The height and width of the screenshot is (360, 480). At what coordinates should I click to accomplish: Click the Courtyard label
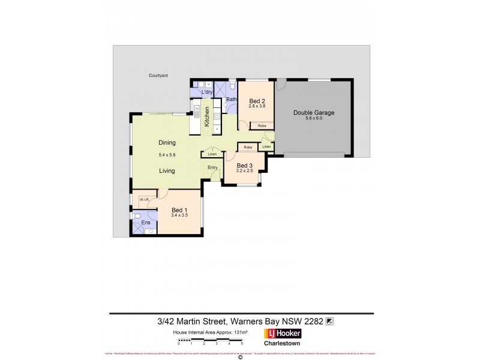coord(158,76)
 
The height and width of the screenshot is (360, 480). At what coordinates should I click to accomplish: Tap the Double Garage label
coord(313,112)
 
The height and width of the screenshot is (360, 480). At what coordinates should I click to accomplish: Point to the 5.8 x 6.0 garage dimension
coord(313,118)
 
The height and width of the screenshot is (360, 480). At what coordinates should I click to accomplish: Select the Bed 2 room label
coord(257,101)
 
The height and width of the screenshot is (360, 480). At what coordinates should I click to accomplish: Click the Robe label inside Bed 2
coord(262,126)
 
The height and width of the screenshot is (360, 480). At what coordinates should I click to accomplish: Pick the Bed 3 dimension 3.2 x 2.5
coord(244,171)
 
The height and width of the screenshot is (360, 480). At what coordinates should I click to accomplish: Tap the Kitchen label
coord(207,115)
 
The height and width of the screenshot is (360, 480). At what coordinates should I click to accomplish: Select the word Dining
coord(167,143)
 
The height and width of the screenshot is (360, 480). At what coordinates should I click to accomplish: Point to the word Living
coord(167,171)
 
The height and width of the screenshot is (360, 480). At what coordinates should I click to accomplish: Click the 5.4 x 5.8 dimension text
coord(167,155)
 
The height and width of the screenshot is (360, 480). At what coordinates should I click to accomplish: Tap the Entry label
coord(212,167)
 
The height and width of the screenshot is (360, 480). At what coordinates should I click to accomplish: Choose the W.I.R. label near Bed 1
coord(144,199)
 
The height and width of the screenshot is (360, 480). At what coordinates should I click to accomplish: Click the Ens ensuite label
coord(145,223)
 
